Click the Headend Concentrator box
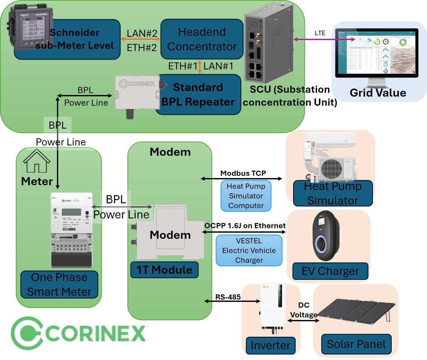point(202,39)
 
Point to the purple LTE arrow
point(323,39)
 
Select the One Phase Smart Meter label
point(59,284)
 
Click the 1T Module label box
point(164,270)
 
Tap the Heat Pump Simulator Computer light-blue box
point(246,196)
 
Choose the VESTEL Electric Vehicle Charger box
point(249,250)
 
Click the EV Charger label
point(330,271)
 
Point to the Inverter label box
point(270,345)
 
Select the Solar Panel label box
point(356,344)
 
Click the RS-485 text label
point(228,297)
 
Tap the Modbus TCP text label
point(243,173)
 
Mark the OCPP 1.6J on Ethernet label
point(245,226)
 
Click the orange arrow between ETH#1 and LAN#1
point(200,66)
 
